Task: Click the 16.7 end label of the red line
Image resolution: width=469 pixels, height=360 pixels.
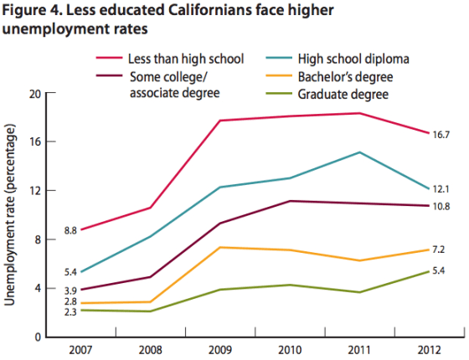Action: point(441,135)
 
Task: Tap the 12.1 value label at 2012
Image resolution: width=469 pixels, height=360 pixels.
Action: point(441,189)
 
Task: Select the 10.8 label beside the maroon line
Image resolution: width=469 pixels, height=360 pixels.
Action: point(441,206)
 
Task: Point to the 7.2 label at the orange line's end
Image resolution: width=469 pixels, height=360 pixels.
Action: point(439,249)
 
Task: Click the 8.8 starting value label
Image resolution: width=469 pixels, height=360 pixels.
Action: point(70,230)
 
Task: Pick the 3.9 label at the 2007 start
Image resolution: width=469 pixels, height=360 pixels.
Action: point(70,291)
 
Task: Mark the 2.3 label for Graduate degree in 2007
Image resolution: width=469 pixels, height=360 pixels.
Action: point(70,311)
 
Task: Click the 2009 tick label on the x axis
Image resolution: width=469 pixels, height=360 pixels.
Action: point(219,350)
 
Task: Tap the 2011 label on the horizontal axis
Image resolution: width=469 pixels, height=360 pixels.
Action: point(359,350)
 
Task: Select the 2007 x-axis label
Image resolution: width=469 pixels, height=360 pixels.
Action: point(80,350)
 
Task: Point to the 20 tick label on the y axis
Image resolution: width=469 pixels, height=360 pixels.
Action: point(34,94)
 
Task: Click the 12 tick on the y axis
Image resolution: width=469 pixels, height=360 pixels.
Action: point(35,191)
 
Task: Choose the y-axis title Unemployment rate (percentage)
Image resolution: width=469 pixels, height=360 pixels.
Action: point(9,214)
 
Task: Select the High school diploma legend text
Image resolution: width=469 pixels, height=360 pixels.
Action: point(353,59)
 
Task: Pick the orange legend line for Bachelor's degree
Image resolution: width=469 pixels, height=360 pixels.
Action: point(279,75)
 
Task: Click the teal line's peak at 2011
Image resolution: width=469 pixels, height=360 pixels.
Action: point(359,152)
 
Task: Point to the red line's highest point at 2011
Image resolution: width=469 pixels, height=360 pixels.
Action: point(359,113)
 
